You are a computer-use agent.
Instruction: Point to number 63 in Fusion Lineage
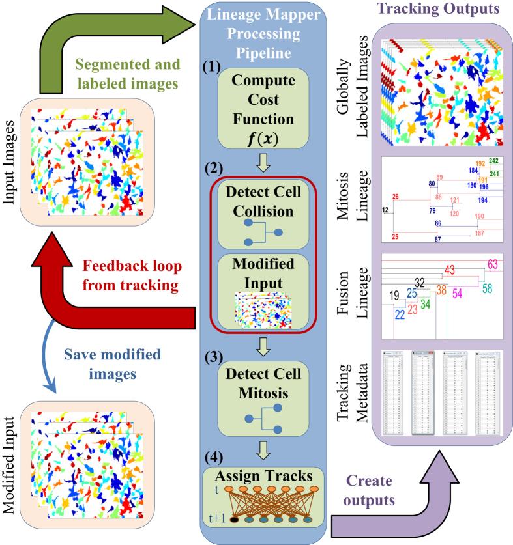[x=492, y=264]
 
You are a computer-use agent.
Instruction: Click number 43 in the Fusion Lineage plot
[x=450, y=270]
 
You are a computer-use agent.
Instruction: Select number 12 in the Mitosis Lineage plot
[x=386, y=209]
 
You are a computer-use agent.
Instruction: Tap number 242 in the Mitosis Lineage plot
[x=493, y=161]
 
